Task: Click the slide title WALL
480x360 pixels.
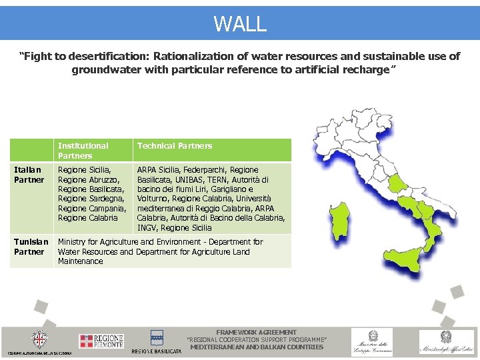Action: pyautogui.click(x=240, y=23)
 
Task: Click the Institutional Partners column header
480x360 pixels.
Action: pyautogui.click(x=83, y=150)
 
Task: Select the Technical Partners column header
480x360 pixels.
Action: pyautogui.click(x=175, y=145)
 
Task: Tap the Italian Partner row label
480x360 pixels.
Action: pyautogui.click(x=29, y=175)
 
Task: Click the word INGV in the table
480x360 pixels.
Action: pyautogui.click(x=147, y=227)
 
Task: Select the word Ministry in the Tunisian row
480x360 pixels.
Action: pyautogui.click(x=73, y=242)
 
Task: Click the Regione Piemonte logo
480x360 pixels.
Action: pyautogui.click(x=101, y=341)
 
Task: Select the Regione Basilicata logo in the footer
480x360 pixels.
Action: pyautogui.click(x=157, y=341)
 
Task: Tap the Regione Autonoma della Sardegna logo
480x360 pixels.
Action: pyautogui.click(x=40, y=340)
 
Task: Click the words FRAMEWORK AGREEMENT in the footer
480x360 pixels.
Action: pyautogui.click(x=257, y=332)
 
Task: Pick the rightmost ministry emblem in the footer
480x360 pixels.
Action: pyautogui.click(x=445, y=341)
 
